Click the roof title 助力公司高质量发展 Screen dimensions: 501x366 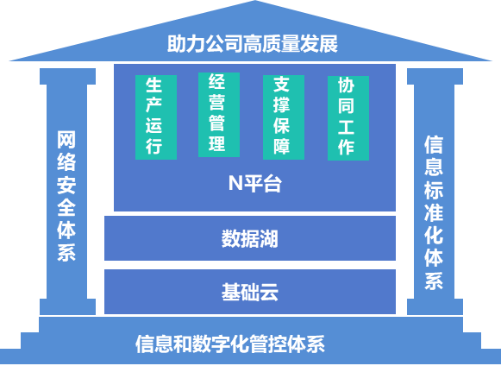tap(253, 43)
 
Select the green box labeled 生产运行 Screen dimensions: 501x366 tap(156, 117)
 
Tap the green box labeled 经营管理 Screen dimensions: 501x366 tap(219, 115)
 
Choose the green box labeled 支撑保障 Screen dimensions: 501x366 tap(284, 117)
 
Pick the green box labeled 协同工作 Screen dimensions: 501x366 tap(348, 118)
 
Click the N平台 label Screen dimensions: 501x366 tap(255, 183)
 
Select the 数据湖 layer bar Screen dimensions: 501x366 tap(250, 238)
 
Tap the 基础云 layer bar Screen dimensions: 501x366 tap(250, 292)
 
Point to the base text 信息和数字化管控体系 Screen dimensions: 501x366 tap(230, 344)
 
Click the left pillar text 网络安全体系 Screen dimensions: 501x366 tap(66, 196)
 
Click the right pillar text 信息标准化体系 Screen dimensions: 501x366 tap(434, 212)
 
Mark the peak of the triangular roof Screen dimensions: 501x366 tap(254, 1)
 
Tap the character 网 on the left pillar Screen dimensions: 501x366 tap(66, 140)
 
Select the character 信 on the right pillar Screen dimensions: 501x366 tap(434, 145)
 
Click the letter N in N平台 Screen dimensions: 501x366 tap(235, 183)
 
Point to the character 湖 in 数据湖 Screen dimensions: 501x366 tap(269, 238)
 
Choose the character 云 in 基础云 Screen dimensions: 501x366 tap(269, 292)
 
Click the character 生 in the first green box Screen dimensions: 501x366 tap(154, 85)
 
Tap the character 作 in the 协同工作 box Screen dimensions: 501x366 tap(346, 147)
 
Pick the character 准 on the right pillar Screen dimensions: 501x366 tap(434, 212)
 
